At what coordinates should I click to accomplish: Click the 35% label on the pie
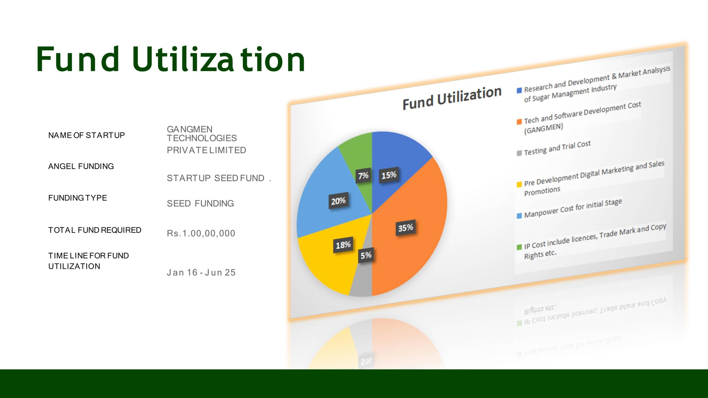[406, 228]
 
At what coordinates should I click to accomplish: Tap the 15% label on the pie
[389, 175]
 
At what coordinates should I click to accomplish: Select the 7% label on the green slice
[363, 176]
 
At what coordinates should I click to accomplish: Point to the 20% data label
[338, 201]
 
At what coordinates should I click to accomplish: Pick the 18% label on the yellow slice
[343, 245]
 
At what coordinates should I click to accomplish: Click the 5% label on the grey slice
[366, 255]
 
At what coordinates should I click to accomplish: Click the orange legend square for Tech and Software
[519, 122]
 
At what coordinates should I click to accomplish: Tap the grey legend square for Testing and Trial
[519, 153]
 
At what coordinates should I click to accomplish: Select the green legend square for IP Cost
[519, 247]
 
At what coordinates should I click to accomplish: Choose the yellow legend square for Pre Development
[519, 184]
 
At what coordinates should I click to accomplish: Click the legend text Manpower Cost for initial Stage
[573, 208]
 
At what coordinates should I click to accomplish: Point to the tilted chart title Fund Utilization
[452, 98]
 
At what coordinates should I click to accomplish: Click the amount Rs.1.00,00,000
[201, 233]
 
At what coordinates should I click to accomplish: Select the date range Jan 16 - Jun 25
[201, 273]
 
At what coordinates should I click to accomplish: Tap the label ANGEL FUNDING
[81, 166]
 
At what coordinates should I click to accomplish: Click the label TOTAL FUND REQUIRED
[95, 230]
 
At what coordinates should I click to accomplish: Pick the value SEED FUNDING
[200, 203]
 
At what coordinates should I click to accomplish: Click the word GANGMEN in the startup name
[190, 129]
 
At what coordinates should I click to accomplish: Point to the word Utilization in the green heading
[218, 59]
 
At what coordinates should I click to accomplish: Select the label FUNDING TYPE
[77, 198]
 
